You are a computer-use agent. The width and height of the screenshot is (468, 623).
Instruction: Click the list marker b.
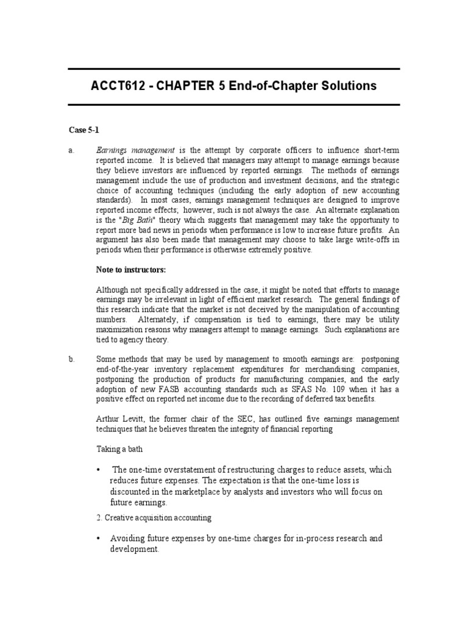pos(71,360)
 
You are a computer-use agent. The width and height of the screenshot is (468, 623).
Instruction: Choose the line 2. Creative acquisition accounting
pos(154,518)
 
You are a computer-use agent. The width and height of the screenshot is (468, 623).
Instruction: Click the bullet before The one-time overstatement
pos(99,470)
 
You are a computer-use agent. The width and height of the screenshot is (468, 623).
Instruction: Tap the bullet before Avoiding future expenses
pos(99,539)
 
